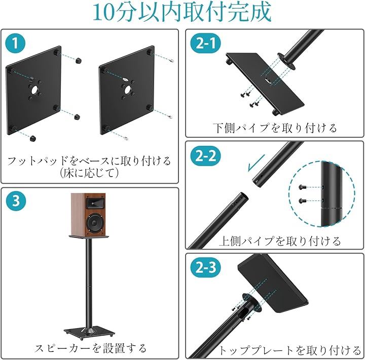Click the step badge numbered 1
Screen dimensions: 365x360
[15, 43]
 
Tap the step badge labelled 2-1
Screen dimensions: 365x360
[206, 43]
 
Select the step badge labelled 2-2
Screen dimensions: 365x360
[206, 155]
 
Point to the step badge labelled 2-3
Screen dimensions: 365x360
[206, 267]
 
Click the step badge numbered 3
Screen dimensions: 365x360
[16, 201]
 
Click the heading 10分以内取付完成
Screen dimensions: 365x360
[182, 12]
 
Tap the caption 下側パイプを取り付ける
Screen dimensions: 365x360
[275, 128]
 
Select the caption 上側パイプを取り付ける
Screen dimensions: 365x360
[279, 241]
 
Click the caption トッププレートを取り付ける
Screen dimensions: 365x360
[289, 350]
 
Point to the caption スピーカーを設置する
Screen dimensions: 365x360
[90, 348]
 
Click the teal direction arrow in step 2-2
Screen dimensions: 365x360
[257, 163]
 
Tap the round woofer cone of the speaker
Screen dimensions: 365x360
[94, 223]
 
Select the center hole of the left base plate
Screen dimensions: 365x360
[34, 90]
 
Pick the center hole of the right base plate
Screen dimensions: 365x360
[128, 90]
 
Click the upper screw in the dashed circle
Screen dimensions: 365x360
[302, 186]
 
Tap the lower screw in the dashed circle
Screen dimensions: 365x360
[302, 200]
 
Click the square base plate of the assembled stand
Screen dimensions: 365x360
[89, 332]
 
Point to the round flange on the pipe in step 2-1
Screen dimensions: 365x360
[286, 61]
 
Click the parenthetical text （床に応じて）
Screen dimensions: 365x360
[89, 173]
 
